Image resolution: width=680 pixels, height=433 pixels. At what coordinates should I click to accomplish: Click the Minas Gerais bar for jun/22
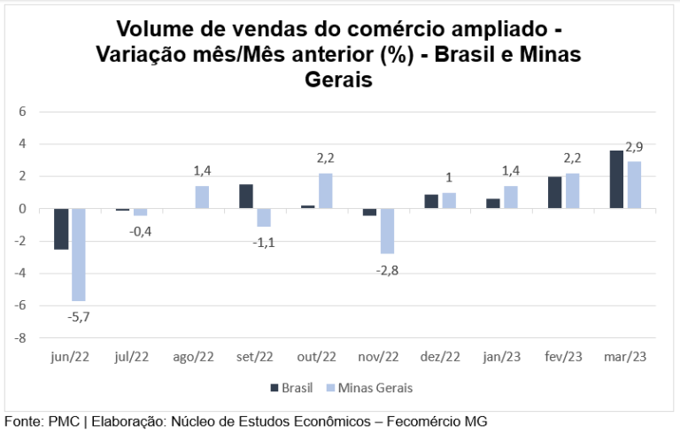tap(78, 255)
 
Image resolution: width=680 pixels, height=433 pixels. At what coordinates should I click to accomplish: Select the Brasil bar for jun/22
tap(61, 229)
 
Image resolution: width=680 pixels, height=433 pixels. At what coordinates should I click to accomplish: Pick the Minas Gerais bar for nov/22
tap(387, 232)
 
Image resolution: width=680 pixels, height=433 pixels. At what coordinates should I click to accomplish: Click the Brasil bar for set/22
tap(246, 197)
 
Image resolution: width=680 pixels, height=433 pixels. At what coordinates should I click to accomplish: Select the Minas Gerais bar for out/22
tap(325, 191)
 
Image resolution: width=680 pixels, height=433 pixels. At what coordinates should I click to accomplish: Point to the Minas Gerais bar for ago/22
tap(202, 197)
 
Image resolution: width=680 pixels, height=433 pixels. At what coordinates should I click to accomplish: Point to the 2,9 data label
tap(634, 147)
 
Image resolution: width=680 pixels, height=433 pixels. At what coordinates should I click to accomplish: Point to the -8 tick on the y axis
tap(21, 337)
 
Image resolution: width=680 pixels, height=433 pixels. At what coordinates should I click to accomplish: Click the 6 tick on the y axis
tap(24, 112)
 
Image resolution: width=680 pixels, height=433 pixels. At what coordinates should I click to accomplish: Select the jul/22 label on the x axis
tap(131, 357)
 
